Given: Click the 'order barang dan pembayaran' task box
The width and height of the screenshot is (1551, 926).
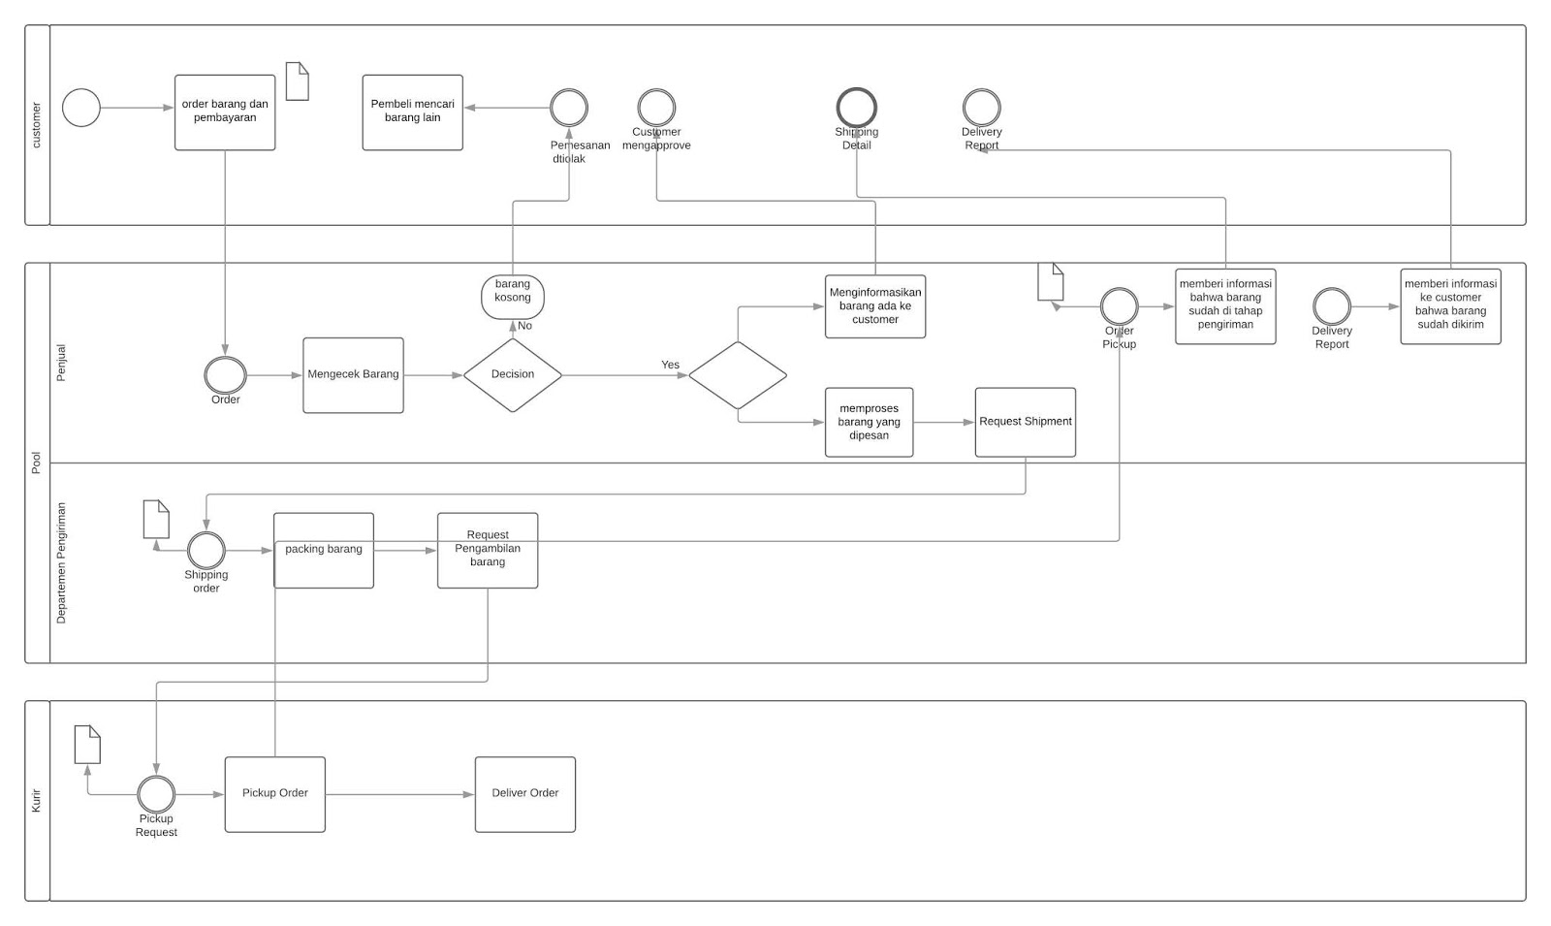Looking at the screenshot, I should (225, 112).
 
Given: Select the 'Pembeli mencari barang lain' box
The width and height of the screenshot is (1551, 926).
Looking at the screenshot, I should (412, 112).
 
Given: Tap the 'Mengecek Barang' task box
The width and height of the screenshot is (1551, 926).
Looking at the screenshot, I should (353, 375).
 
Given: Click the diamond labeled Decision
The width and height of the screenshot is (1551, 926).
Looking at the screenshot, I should (513, 375).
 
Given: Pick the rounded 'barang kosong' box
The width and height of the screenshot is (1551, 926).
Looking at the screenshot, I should (513, 297).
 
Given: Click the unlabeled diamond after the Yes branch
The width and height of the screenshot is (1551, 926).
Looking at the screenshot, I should (738, 375).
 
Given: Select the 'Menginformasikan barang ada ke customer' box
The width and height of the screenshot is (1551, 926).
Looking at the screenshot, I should (875, 306).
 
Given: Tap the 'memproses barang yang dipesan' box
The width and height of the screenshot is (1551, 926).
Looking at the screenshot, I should (870, 422).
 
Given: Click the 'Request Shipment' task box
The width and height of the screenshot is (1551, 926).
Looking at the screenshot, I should (1026, 422).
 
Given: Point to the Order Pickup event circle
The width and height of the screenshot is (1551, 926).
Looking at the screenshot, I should (1119, 306).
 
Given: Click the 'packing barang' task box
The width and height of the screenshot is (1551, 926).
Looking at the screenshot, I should (324, 550).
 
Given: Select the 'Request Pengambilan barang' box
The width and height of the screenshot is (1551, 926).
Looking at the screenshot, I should (488, 550).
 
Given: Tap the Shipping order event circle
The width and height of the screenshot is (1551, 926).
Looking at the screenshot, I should (206, 551).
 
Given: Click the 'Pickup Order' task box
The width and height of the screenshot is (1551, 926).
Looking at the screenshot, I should (275, 794).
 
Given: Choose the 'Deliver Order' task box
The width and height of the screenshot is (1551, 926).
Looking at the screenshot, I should (525, 794).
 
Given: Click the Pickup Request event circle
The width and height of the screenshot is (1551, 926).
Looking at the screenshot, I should (156, 794).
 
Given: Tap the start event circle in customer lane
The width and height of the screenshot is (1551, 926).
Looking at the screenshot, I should (81, 108).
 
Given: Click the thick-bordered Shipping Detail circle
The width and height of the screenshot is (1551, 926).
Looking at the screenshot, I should (857, 108).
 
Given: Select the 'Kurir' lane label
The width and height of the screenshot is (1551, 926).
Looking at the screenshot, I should (37, 801).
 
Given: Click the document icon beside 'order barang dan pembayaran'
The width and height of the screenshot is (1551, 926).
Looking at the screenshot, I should (298, 81).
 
